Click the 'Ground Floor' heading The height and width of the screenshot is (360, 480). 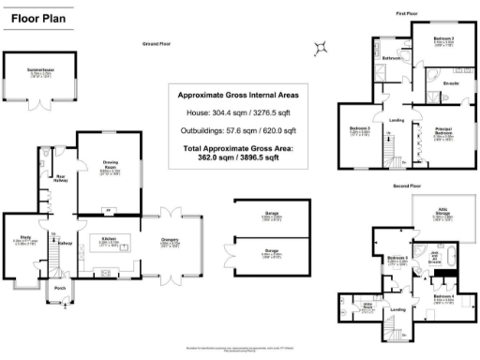pyautogui.click(x=156, y=44)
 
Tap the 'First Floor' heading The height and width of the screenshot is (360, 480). pyautogui.click(x=405, y=14)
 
